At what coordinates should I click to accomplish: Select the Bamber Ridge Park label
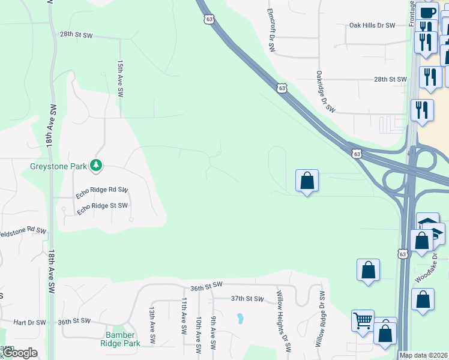click(122, 339)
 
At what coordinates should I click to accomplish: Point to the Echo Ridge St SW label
click(101, 206)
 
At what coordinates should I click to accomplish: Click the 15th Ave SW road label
click(120, 79)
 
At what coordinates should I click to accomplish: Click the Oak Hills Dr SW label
click(372, 26)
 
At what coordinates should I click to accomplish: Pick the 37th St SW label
click(247, 298)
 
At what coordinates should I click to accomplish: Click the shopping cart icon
click(363, 320)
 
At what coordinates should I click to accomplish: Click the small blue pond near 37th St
click(240, 317)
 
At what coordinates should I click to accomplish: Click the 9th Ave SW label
click(213, 331)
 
